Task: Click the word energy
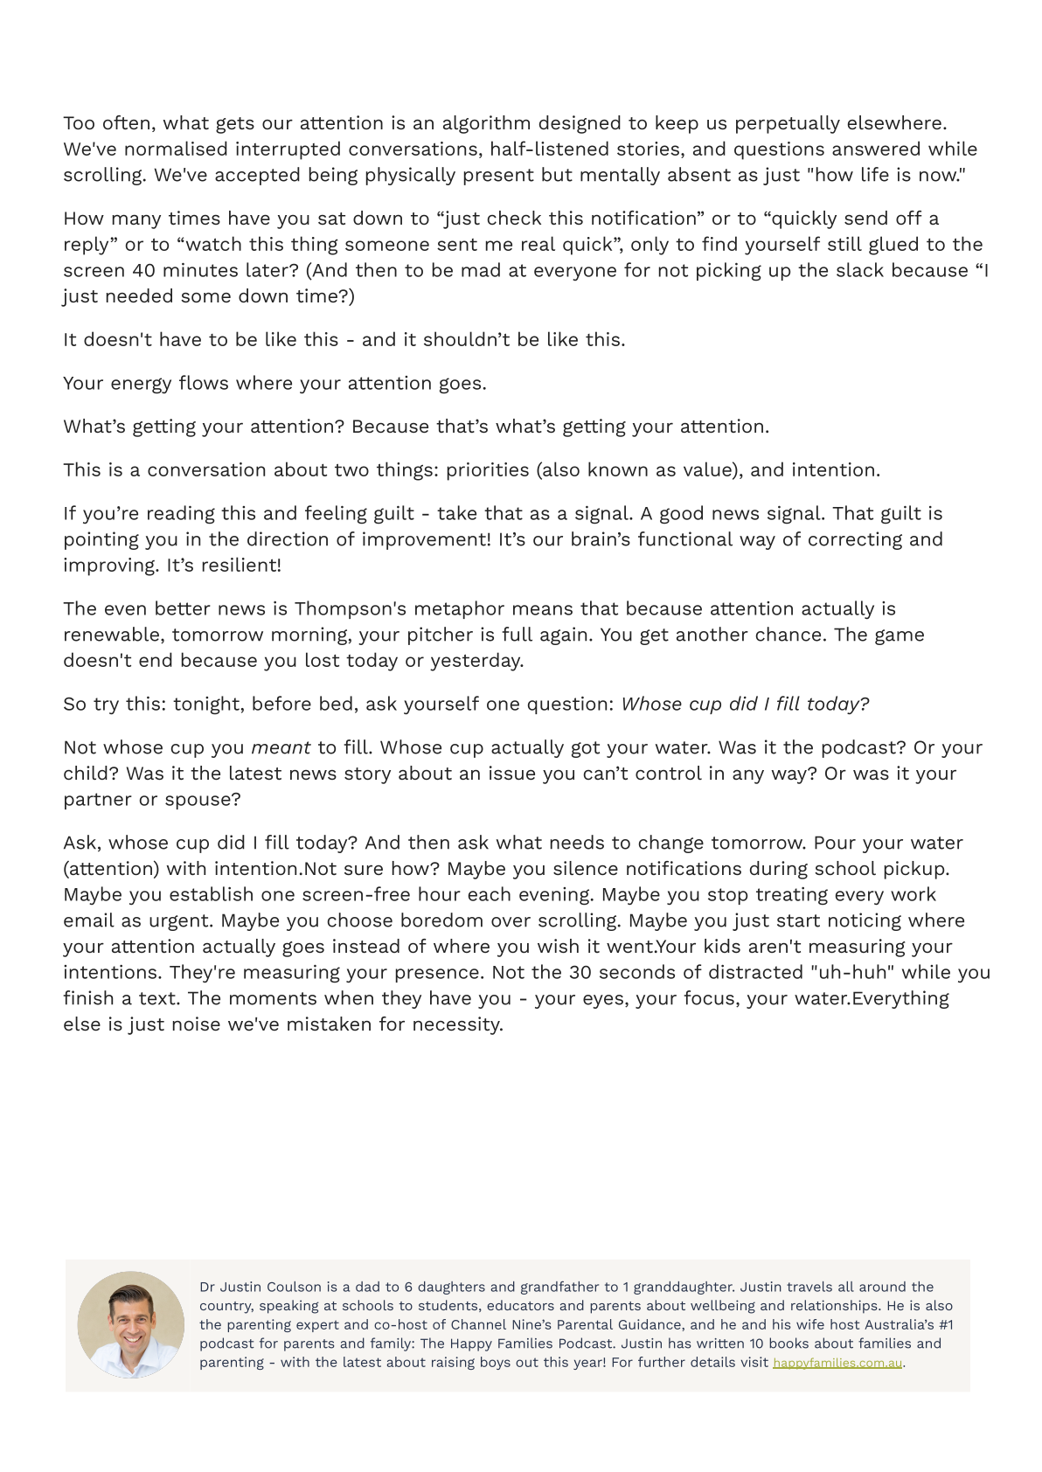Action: click(140, 384)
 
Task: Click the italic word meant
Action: click(281, 748)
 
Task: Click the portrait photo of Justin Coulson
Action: click(131, 1324)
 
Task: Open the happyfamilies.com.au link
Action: click(837, 1363)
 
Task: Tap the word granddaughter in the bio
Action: click(683, 1287)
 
